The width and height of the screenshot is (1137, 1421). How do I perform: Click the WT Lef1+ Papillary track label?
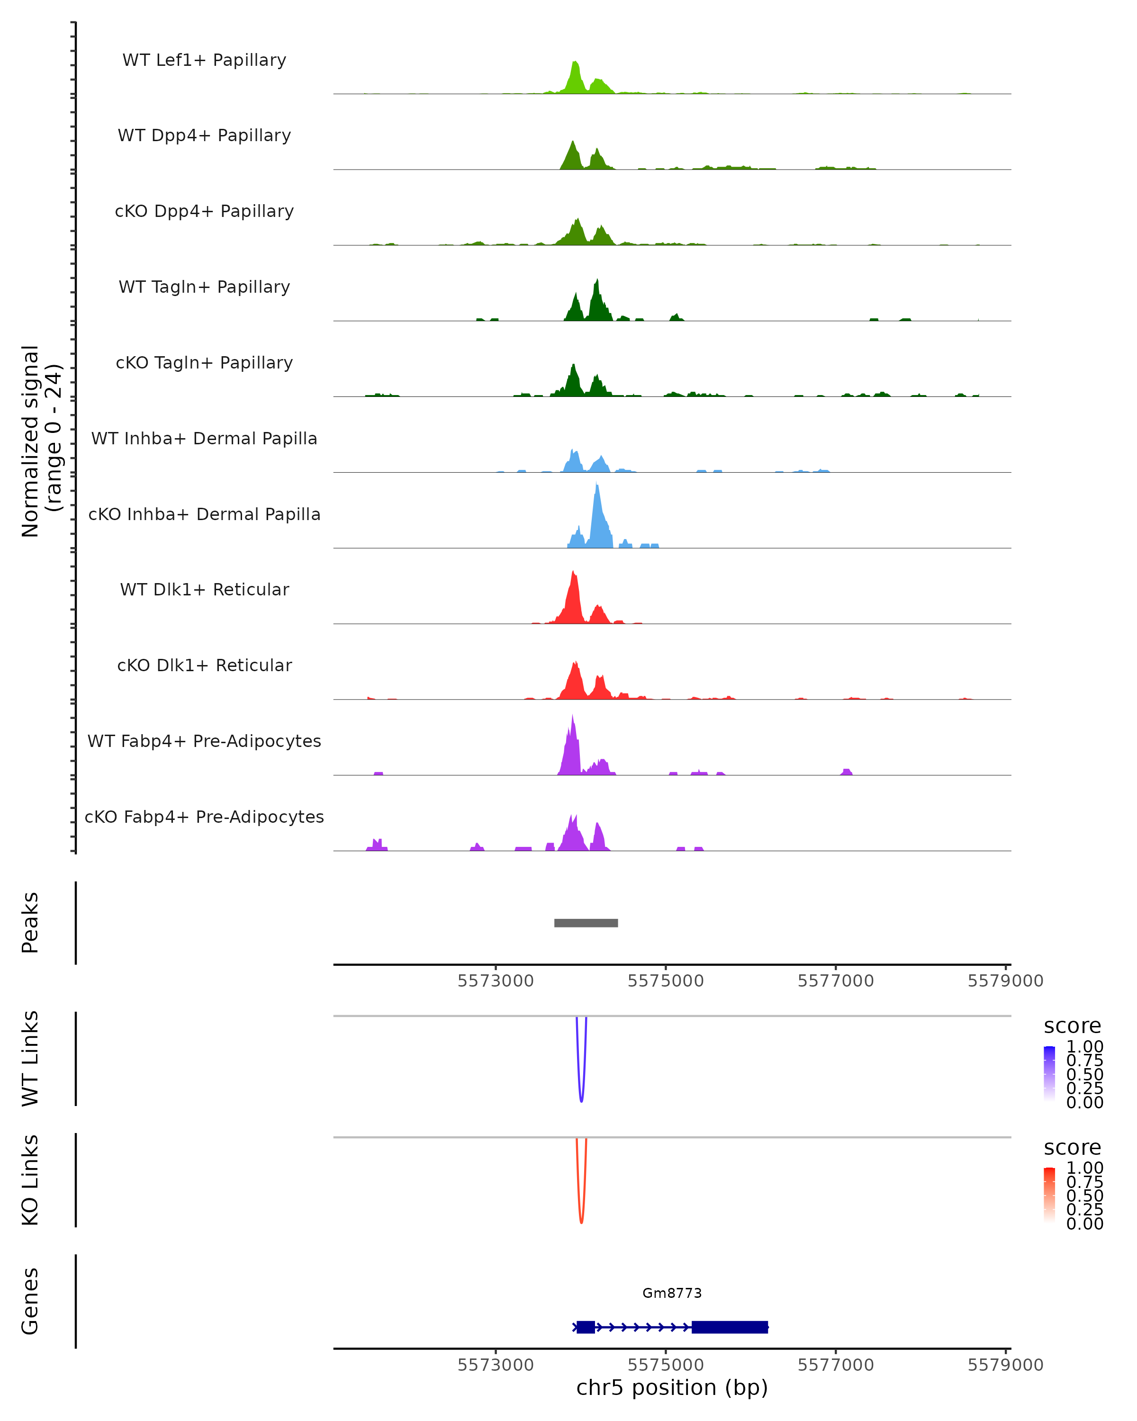(204, 60)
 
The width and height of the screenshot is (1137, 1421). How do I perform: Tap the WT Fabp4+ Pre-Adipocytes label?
(204, 741)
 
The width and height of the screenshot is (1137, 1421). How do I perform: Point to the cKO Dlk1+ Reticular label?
(204, 665)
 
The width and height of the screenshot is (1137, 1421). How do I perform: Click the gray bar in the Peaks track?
(586, 923)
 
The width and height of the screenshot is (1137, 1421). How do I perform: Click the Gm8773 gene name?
(672, 1293)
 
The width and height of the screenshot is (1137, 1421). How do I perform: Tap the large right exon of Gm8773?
(730, 1327)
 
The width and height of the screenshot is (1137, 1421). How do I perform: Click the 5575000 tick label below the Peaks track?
(666, 981)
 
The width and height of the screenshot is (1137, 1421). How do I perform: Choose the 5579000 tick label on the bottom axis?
(1005, 1365)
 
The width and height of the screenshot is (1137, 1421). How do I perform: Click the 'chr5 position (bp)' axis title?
(672, 1387)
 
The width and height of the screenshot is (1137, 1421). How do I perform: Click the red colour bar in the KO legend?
(1049, 1195)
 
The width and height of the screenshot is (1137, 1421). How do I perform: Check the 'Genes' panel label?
(30, 1301)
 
